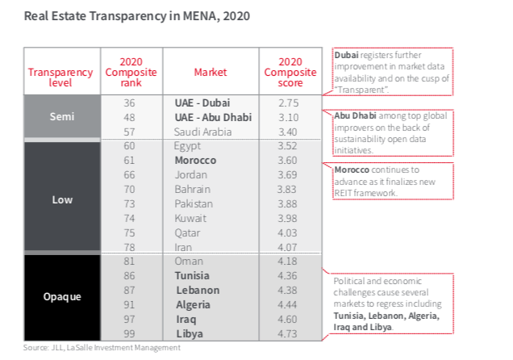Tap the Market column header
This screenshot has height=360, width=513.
pyautogui.click(x=210, y=72)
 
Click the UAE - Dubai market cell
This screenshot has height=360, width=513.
pyautogui.click(x=209, y=103)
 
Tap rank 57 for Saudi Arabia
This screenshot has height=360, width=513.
pyautogui.click(x=129, y=132)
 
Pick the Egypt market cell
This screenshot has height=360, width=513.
pyautogui.click(x=188, y=146)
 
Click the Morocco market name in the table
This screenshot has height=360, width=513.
pyautogui.click(x=195, y=161)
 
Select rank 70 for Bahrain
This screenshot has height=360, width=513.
pyautogui.click(x=129, y=190)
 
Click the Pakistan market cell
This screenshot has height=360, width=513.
pyautogui.click(x=193, y=204)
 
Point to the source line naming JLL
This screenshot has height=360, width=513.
pyautogui.click(x=102, y=348)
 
